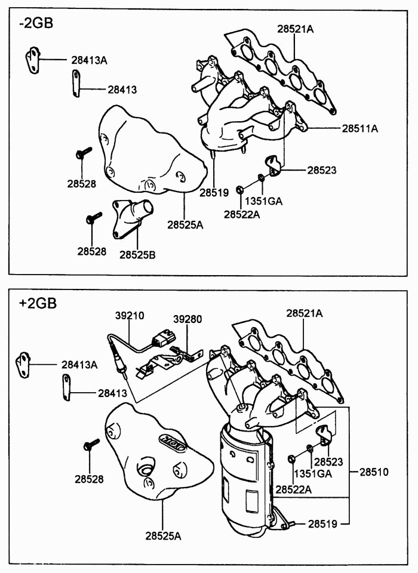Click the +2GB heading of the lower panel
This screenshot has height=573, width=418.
37,303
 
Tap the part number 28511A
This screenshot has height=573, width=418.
360,128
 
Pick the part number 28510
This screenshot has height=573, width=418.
374,472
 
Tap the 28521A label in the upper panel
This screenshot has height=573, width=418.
295,29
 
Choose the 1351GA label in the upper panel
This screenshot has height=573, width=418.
263,201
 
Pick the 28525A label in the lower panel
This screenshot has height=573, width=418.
162,535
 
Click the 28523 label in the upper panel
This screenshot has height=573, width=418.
322,170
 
